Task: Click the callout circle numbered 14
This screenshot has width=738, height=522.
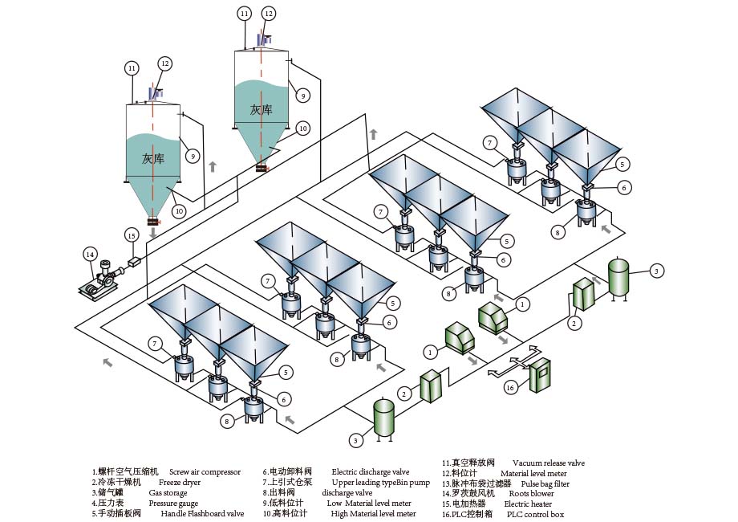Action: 91,254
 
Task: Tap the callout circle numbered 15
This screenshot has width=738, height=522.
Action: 132,235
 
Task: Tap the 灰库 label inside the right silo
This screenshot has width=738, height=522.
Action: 261,109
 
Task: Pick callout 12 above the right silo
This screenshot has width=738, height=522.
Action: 269,14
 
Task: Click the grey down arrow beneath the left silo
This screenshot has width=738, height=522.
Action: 152,233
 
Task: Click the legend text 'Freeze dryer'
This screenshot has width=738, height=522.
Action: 180,482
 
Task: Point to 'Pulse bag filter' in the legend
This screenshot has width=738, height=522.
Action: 545,484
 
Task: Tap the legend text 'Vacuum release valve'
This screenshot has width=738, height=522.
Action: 548,463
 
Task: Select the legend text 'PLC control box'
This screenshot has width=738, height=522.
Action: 535,514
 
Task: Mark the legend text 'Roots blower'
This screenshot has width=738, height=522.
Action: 531,494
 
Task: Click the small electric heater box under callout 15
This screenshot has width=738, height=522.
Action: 132,262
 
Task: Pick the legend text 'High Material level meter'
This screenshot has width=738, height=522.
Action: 373,514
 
